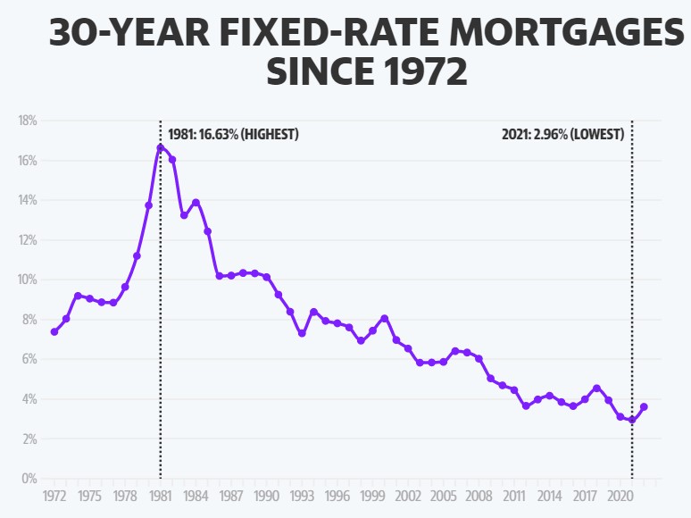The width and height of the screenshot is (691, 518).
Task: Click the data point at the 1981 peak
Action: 161,147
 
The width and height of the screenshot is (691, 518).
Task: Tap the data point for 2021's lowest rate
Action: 632,420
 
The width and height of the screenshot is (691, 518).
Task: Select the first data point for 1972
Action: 54,332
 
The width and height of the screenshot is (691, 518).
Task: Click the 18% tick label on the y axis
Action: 27,121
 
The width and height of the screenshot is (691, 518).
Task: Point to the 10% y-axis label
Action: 27,280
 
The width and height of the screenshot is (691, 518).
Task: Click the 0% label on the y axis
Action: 29,479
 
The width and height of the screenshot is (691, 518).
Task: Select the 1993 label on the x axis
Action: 302,495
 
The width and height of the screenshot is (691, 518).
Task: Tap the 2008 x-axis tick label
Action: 479,495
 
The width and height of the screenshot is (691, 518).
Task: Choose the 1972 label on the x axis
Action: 54,495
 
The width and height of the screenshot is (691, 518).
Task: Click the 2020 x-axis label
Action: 620,495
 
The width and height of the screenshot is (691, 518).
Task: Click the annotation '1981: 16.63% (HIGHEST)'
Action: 233,135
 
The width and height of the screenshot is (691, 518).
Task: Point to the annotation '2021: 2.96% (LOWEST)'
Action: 562,135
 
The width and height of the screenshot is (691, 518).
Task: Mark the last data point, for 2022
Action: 644,407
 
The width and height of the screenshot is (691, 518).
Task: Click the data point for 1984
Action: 196,202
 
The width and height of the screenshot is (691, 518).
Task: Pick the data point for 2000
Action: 384,318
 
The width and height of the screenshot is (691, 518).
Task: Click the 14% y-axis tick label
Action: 27,200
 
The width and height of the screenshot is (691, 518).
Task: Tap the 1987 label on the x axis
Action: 231,495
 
